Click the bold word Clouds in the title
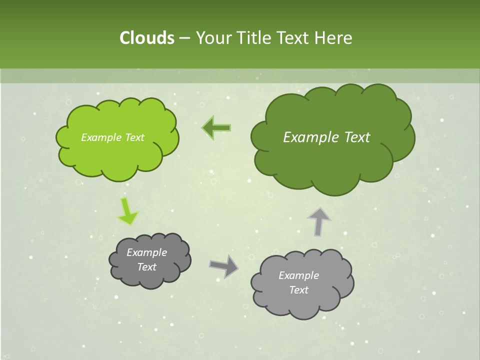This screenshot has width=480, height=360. coord(146,37)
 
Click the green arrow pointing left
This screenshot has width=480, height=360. coord(216,128)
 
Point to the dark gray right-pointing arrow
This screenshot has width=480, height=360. coord(223,266)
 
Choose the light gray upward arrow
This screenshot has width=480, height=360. coord(318,221)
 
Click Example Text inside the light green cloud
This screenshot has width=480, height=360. coord(112,137)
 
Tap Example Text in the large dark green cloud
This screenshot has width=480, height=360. coord(326,137)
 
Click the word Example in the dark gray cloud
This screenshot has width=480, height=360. coord(146,252)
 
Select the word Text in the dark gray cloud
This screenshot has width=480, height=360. coord(146,267)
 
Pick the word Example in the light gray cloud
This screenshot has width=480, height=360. coord(298,275)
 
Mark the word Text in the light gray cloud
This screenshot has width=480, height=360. coord(298,290)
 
